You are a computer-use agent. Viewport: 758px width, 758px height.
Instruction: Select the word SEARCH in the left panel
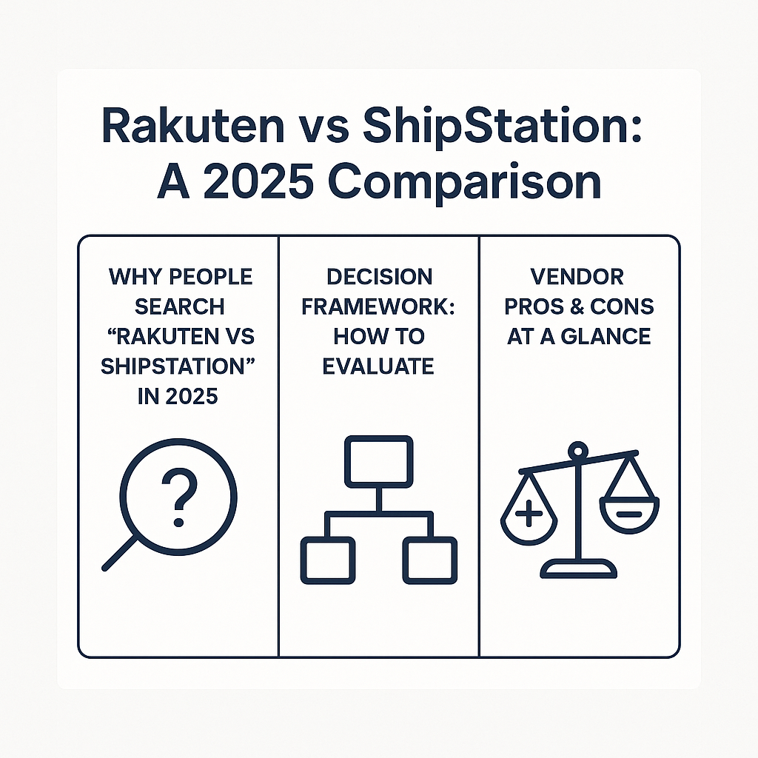point(181,306)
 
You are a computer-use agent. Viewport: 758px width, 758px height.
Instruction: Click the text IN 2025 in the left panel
point(178,395)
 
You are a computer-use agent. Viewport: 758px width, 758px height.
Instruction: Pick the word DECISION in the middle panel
point(379,277)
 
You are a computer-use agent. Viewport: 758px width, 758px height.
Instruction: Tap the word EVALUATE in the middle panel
point(379,366)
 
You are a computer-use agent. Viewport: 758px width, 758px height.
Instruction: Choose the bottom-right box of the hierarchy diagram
point(429,561)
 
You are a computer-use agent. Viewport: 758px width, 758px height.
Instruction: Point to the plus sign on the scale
point(529,513)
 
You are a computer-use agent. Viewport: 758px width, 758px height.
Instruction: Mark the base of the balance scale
point(578,568)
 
